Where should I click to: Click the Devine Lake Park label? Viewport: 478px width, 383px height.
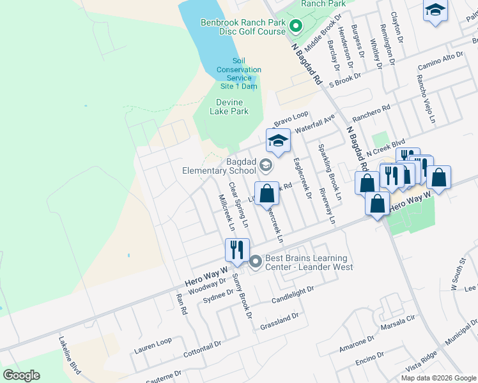(x=229, y=106)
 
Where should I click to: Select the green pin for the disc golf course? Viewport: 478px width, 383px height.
(x=295, y=26)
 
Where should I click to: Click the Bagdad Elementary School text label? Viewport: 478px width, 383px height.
(x=219, y=166)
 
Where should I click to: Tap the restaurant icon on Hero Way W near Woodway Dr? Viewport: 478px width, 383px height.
(x=237, y=250)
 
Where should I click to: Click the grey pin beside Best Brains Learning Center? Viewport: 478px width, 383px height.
(x=256, y=262)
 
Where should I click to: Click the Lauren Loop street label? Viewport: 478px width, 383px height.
(x=153, y=346)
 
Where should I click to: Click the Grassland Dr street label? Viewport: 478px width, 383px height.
(x=279, y=321)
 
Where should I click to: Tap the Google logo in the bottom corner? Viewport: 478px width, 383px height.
(x=21, y=375)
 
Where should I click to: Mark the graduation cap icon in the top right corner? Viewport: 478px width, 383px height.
(x=435, y=10)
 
